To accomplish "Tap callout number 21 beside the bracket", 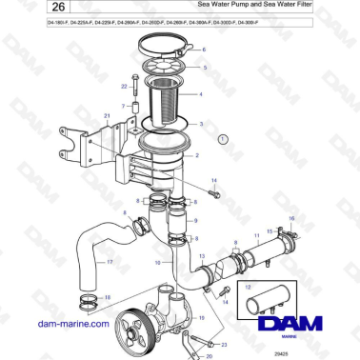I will [108, 116].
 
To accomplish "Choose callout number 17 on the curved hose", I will [109, 262].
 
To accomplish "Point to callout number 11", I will [254, 234].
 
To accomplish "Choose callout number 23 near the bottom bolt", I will [222, 346].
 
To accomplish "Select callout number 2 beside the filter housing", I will [197, 153].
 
